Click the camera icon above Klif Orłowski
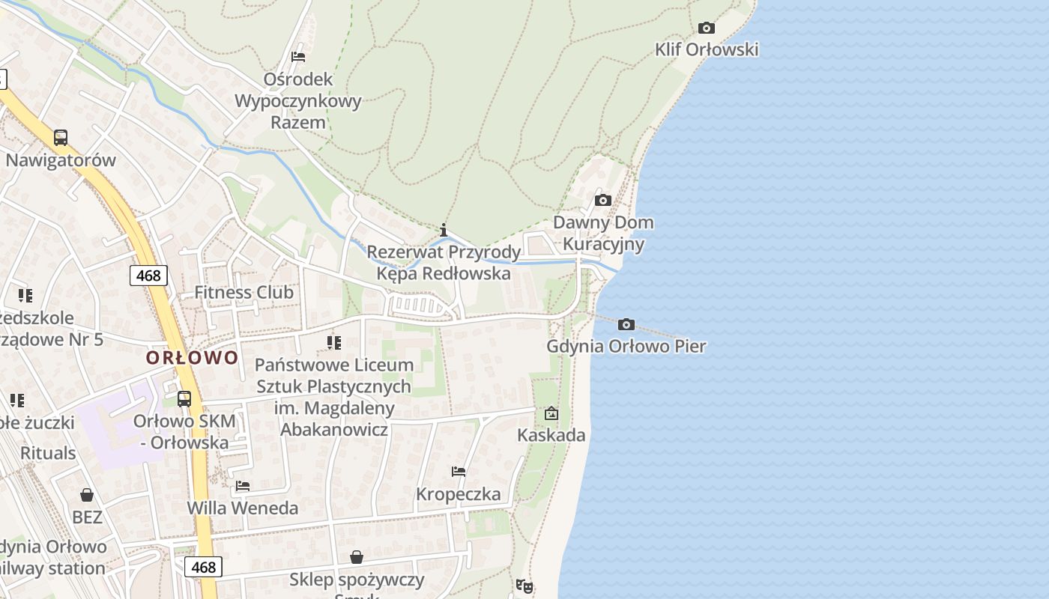point(706,28)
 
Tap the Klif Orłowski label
point(707,50)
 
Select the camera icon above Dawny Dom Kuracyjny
point(602,201)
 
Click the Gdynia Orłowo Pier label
point(626,347)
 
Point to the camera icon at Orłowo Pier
point(626,325)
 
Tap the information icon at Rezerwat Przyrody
point(444,230)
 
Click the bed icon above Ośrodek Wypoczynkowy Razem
point(298,57)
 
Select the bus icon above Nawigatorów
point(61,138)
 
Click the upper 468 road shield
point(148,276)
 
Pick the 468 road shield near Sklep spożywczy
point(203,567)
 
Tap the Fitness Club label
point(244,293)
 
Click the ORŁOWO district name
point(192,358)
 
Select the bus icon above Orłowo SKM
point(184,398)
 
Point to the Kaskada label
point(551,435)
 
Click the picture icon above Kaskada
point(551,413)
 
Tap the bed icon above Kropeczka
point(459,472)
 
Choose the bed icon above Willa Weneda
point(242,486)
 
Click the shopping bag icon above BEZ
point(87,495)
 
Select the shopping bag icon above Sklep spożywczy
point(357,557)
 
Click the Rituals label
point(48,453)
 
